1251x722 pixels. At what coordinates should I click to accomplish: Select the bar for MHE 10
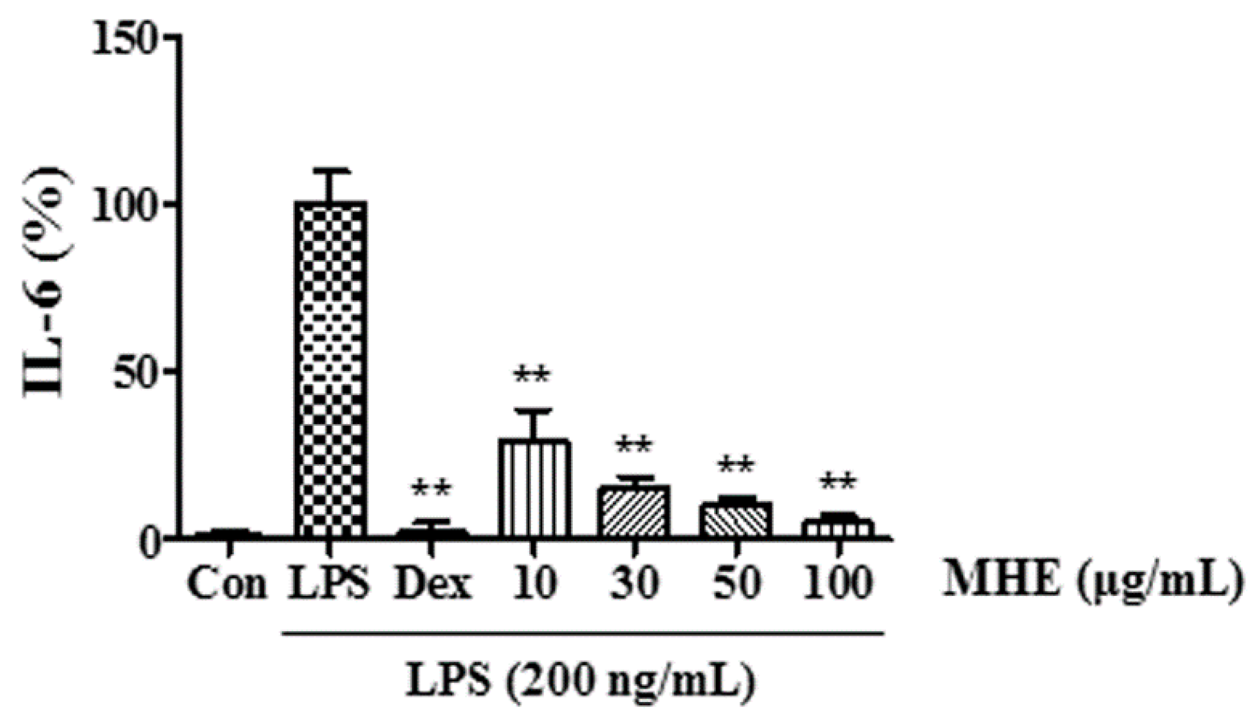click(x=534, y=488)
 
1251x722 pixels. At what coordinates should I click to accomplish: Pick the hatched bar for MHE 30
click(x=635, y=511)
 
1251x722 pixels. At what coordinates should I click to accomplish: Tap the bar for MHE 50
click(x=736, y=519)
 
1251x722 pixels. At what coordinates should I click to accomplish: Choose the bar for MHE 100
click(x=837, y=528)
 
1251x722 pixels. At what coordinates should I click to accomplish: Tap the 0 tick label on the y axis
click(x=150, y=540)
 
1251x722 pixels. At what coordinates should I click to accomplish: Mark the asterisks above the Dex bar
click(x=432, y=489)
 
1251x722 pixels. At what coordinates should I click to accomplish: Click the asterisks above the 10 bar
click(x=532, y=376)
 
